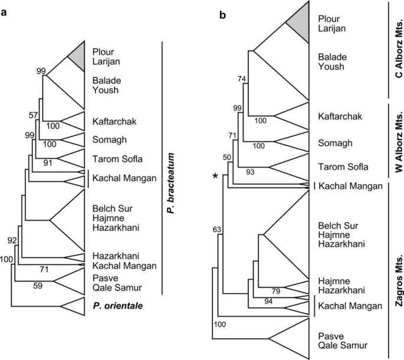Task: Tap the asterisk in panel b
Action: tap(218, 176)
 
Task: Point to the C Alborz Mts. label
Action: tap(398, 50)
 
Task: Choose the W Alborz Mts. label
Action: tap(398, 140)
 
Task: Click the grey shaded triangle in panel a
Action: tap(78, 59)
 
